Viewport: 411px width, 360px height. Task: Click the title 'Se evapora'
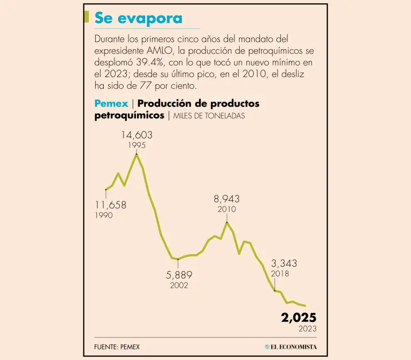[x=138, y=18]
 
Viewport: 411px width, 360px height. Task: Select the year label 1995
[x=136, y=145]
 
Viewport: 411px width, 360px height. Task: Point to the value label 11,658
[x=111, y=205]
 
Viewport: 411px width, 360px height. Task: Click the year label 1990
[x=104, y=215]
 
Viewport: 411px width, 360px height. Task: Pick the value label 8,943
[x=227, y=199]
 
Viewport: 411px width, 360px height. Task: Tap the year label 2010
[x=227, y=209]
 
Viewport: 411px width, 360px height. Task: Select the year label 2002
[x=179, y=286]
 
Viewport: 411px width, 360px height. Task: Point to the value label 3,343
[x=284, y=263]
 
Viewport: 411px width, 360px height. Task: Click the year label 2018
[x=280, y=273]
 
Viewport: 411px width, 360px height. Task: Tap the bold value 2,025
[x=299, y=317]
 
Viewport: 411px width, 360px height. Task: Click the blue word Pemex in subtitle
[x=111, y=103]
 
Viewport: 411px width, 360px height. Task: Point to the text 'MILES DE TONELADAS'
[x=209, y=116]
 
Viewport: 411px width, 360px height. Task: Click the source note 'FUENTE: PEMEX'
[x=117, y=347]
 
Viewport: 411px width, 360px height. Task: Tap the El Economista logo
[x=291, y=347]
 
